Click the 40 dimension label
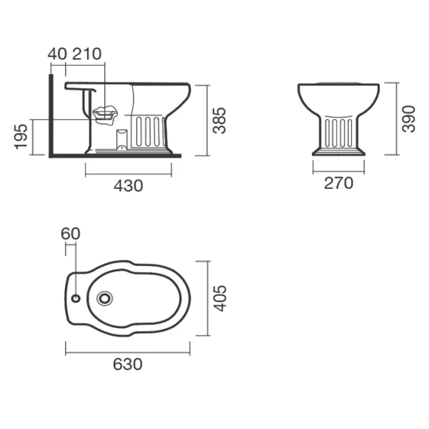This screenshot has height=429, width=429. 57,54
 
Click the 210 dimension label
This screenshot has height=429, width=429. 87,54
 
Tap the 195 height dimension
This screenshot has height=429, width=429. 21,137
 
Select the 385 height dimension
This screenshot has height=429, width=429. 220,120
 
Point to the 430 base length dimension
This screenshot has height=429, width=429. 128,186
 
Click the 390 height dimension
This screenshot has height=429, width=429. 409,119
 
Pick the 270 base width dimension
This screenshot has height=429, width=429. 338,183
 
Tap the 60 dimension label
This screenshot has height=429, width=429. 70,233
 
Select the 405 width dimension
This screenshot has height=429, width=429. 220,298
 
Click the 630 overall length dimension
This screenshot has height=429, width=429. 128,364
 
